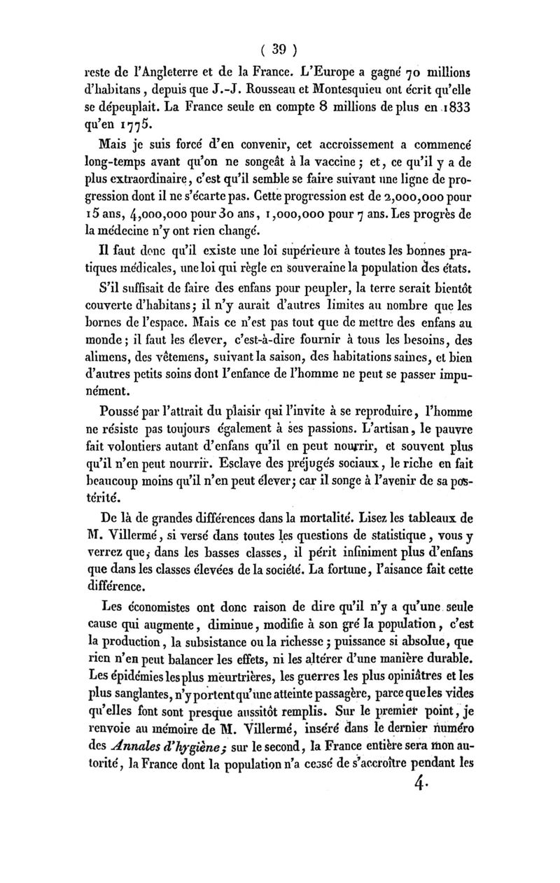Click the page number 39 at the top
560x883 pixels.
[x=280, y=50]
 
